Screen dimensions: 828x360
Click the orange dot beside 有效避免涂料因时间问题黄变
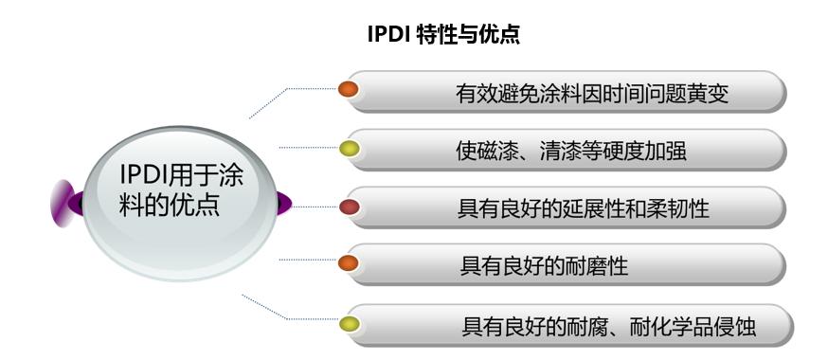coord(348,89)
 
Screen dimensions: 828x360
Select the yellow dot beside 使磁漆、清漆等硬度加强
coord(349,149)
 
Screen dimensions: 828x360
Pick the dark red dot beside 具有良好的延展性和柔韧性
coord(349,207)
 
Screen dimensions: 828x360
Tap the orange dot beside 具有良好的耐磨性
coord(348,262)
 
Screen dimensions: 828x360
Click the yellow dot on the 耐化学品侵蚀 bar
coord(349,324)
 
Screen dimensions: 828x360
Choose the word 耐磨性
coord(596,265)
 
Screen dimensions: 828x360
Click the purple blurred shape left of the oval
coord(63,204)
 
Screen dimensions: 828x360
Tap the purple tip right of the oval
coord(284,204)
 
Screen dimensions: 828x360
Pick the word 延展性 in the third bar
coord(586,208)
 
